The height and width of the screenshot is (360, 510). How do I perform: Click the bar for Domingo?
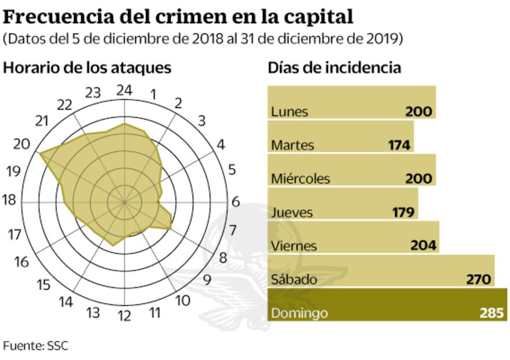point(387,305)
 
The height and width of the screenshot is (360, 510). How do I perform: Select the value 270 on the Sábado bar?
point(479,280)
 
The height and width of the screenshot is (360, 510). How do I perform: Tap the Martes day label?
point(292,145)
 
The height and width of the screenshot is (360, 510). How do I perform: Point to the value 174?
point(399,145)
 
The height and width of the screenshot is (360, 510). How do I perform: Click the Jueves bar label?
point(292,213)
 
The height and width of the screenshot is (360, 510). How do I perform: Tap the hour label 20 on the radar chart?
point(21,144)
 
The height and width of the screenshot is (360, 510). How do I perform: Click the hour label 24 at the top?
point(124,90)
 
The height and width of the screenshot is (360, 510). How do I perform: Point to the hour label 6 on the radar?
point(235,202)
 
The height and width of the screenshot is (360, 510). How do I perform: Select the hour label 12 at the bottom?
point(124,316)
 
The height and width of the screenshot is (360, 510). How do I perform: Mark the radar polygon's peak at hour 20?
point(39,153)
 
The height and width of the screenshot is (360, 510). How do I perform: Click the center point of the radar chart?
point(124,202)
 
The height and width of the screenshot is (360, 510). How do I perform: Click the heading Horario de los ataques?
point(87,67)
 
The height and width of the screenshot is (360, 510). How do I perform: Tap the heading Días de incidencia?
point(334,67)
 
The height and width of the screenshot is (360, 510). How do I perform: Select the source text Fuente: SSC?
point(35,346)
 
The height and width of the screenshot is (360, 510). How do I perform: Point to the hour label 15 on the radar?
point(43,285)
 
